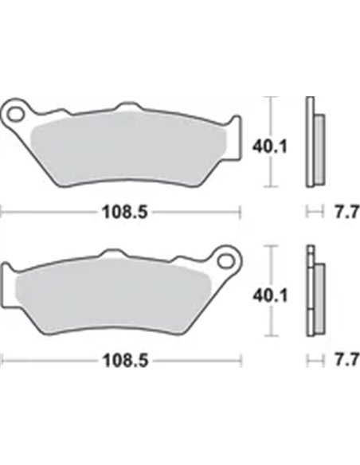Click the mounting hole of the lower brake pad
pos(225,260)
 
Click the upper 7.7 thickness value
pos(341,213)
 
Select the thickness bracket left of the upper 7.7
pos(315,212)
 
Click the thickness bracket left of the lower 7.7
pos(315,360)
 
